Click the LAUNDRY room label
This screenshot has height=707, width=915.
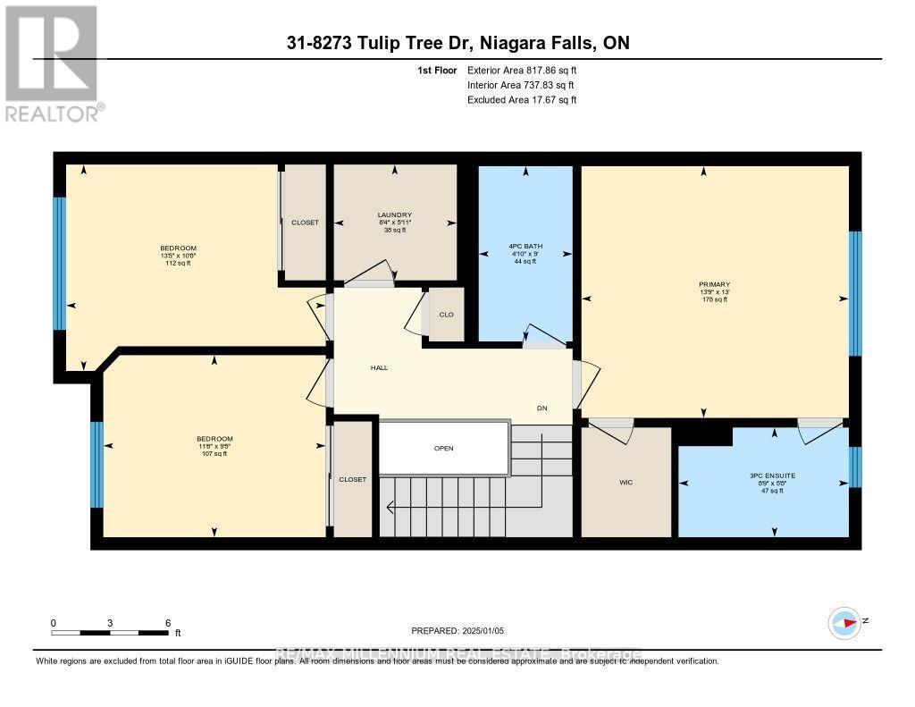(394, 215)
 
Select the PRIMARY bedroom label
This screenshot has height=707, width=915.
(715, 285)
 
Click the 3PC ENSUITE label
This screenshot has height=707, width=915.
(762, 480)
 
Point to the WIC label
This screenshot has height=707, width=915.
(625, 483)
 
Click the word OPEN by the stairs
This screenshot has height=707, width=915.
(444, 449)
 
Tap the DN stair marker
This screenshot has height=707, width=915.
(541, 408)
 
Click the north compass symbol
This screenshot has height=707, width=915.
(844, 623)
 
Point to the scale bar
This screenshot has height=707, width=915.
(110, 633)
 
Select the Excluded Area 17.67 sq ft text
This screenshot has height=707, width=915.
(522, 100)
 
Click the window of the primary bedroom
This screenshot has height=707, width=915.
(855, 292)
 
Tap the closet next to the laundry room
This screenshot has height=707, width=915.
(305, 223)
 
